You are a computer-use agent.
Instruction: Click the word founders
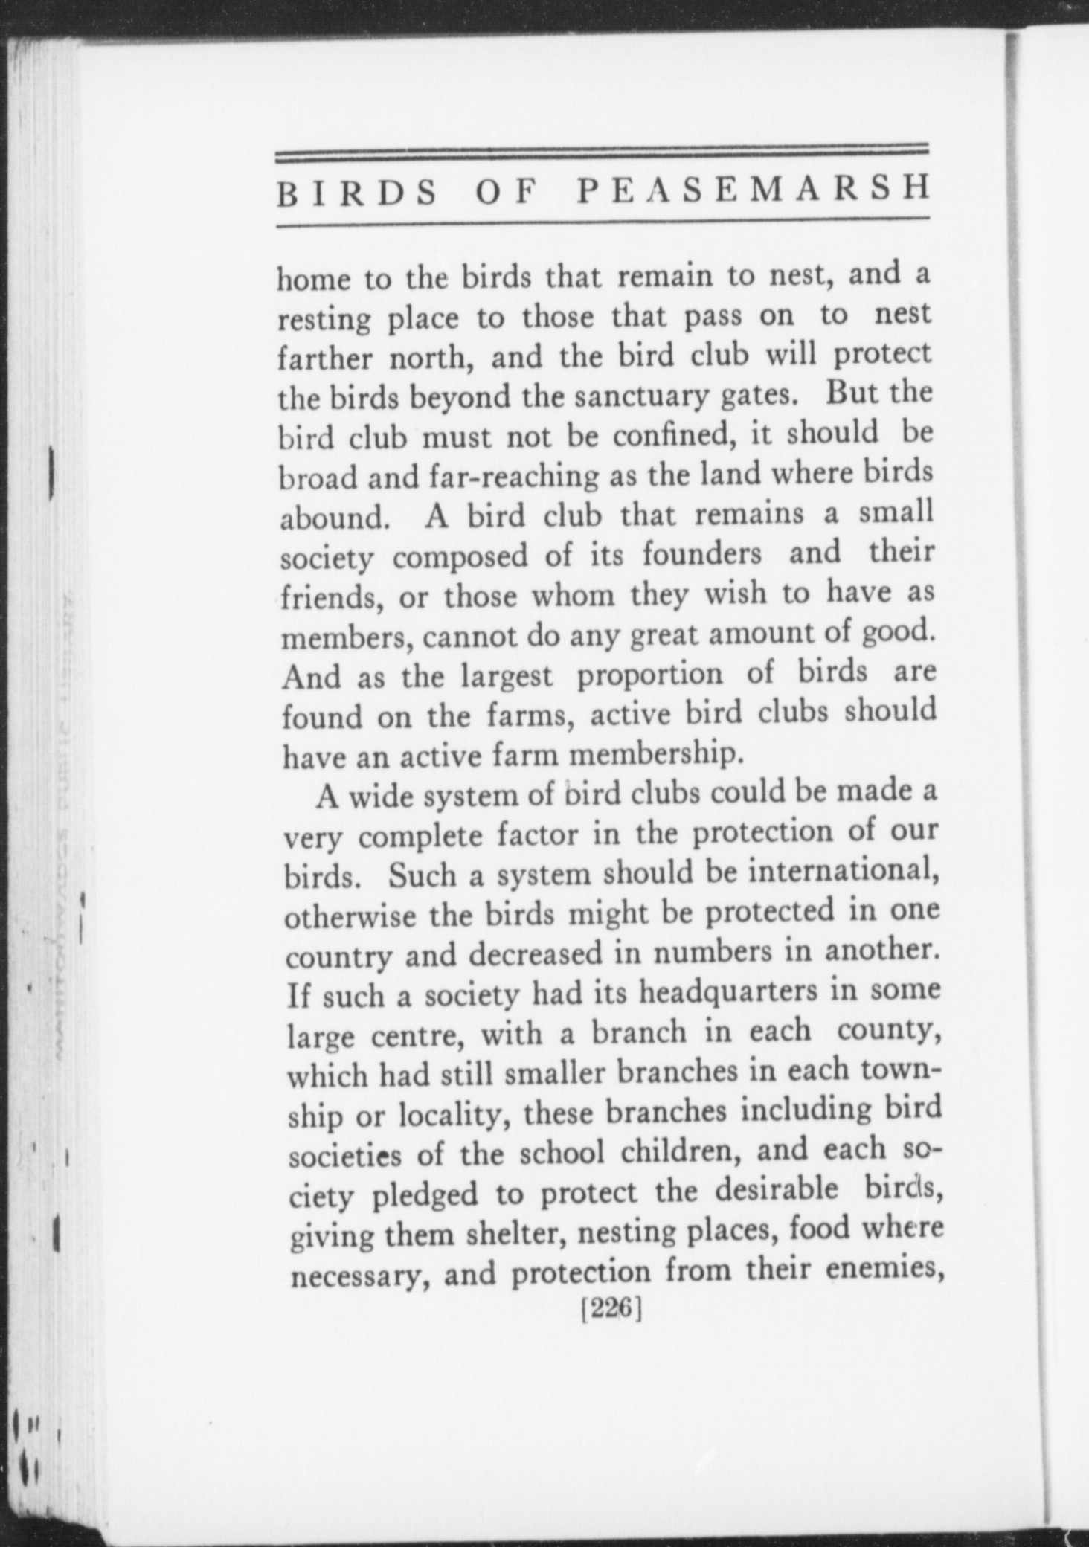pyautogui.click(x=702, y=554)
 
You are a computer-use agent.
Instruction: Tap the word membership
pyautogui.click(x=656, y=754)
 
